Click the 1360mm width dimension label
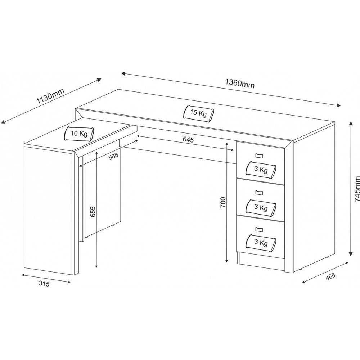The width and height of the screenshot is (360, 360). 240,83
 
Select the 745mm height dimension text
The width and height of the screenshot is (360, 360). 357,188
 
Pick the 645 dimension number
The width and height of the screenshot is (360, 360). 188,140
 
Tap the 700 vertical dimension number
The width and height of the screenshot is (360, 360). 222,203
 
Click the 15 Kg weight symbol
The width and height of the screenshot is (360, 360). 198,113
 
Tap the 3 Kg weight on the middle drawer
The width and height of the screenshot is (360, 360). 261,207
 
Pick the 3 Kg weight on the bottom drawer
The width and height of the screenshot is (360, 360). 261,242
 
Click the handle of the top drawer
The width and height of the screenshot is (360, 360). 259,156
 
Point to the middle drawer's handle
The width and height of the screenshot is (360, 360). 259,192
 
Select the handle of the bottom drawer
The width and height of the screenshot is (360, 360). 259,229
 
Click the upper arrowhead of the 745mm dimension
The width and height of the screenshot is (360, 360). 351,123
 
